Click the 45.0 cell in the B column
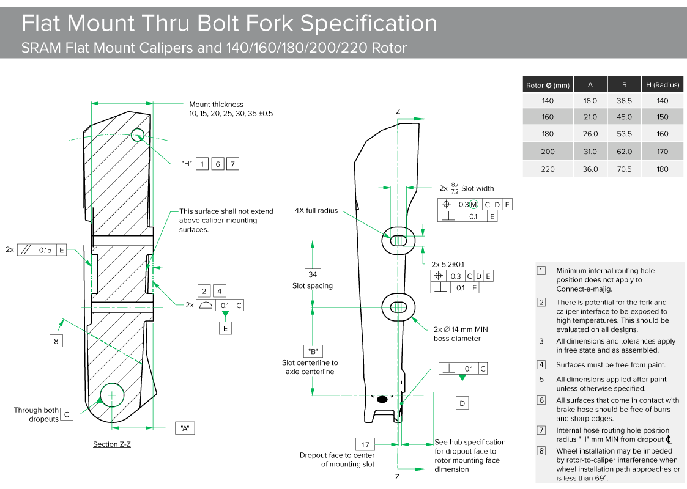click(x=625, y=117)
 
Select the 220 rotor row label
click(x=548, y=169)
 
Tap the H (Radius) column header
click(x=663, y=85)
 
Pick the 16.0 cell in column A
click(x=590, y=101)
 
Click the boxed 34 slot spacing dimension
click(x=313, y=274)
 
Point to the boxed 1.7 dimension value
click(x=365, y=444)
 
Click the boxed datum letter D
click(x=463, y=403)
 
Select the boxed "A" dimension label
click(x=184, y=428)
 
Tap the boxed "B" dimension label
click(x=313, y=351)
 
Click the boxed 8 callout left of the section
click(x=56, y=341)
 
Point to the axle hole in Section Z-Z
click(x=112, y=395)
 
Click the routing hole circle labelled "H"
click(x=137, y=134)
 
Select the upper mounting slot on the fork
click(x=398, y=240)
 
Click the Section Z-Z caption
click(x=111, y=444)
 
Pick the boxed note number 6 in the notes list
click(x=541, y=400)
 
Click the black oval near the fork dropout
click(x=382, y=399)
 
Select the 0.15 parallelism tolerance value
click(x=45, y=250)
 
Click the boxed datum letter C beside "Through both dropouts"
click(x=67, y=414)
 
